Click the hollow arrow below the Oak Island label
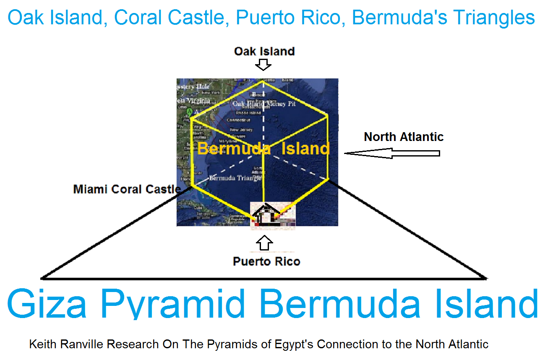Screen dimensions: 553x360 264,65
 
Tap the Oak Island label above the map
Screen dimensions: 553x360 264,51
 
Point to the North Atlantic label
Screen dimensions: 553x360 404,137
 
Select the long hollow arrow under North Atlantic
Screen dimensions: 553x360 392,154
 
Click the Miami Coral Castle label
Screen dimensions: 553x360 127,189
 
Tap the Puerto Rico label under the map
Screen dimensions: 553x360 266,261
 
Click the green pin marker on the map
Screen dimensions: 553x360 190,112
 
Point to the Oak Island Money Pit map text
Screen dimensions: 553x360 264,104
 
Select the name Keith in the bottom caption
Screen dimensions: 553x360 42,344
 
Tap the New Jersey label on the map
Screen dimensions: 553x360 241,130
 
